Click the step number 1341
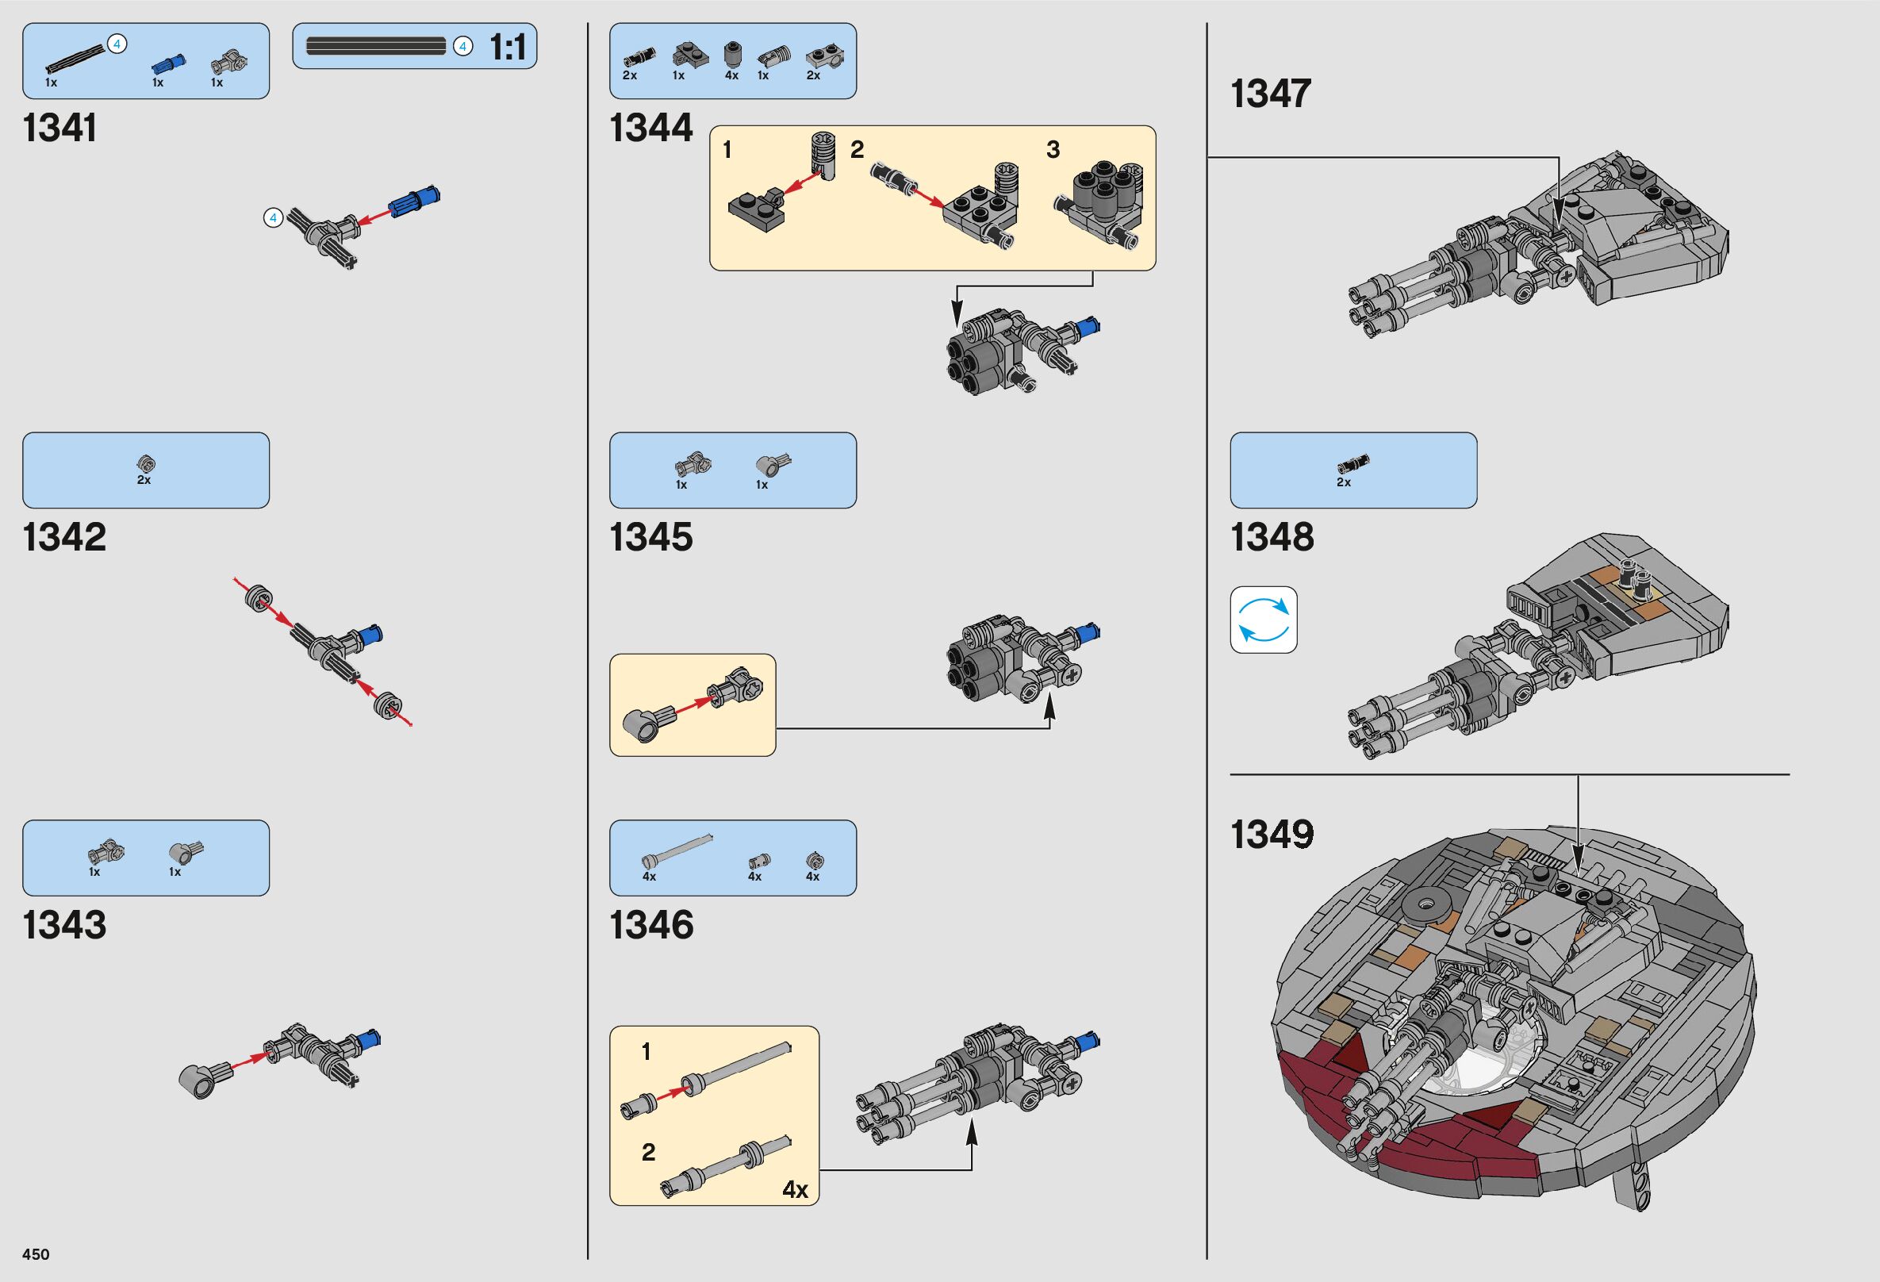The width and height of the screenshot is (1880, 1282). pyautogui.click(x=59, y=129)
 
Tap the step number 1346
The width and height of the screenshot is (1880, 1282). pyautogui.click(x=651, y=925)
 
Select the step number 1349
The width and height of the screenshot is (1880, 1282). pyautogui.click(x=1272, y=835)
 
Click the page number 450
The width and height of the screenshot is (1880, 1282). pyautogui.click(x=36, y=1254)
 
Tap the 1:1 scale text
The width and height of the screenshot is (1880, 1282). pyautogui.click(x=508, y=48)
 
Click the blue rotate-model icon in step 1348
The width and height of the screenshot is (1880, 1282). pyautogui.click(x=1264, y=620)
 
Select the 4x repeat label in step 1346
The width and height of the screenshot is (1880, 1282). pyautogui.click(x=795, y=1189)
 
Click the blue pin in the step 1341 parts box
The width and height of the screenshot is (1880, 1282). pyautogui.click(x=167, y=63)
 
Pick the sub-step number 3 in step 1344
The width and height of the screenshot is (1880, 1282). pyautogui.click(x=1053, y=150)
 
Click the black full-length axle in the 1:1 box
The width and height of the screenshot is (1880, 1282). pyautogui.click(x=376, y=46)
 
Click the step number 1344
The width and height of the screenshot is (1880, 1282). pyautogui.click(x=651, y=129)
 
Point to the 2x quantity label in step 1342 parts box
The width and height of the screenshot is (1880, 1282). pyautogui.click(x=144, y=481)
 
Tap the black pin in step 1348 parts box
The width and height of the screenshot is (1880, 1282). pyautogui.click(x=1352, y=463)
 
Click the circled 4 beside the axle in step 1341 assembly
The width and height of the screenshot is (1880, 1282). pyautogui.click(x=274, y=217)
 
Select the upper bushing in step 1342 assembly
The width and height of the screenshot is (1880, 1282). pyautogui.click(x=258, y=597)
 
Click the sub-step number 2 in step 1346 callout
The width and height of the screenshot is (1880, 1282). pyautogui.click(x=648, y=1152)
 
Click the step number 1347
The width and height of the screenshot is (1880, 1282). pyautogui.click(x=1270, y=94)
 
